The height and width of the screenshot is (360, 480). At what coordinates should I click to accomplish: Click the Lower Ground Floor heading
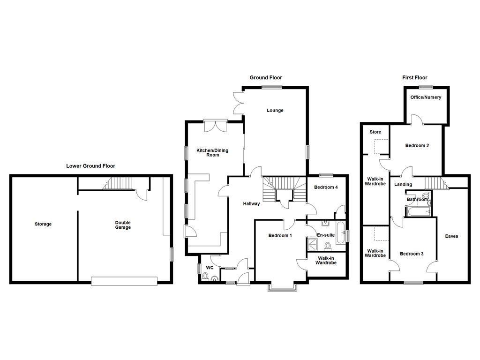[x=90, y=166]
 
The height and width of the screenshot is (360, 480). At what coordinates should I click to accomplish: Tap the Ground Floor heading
[x=266, y=78]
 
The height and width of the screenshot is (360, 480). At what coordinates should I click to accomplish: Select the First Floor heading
[x=415, y=78]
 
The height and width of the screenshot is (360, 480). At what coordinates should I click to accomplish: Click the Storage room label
[x=43, y=224]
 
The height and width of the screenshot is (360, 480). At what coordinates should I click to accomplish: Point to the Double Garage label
[x=123, y=225]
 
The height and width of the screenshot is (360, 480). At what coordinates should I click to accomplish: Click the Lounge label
[x=275, y=111]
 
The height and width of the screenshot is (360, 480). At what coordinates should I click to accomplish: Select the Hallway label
[x=251, y=203]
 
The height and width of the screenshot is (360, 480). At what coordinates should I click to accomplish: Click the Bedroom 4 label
[x=326, y=187]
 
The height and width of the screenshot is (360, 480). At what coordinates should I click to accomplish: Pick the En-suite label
[x=326, y=235]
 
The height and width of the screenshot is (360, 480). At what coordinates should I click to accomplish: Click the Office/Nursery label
[x=426, y=97]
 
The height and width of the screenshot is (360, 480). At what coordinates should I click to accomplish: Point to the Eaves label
[x=451, y=236]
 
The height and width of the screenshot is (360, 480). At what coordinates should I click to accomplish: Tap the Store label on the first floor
[x=375, y=132]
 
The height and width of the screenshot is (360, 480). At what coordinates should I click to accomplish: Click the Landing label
[x=403, y=185]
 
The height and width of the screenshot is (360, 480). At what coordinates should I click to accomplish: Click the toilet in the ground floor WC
[x=205, y=277]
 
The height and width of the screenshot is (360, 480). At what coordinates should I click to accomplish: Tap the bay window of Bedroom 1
[x=282, y=286]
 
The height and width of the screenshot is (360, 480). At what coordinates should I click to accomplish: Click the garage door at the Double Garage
[x=124, y=281]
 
